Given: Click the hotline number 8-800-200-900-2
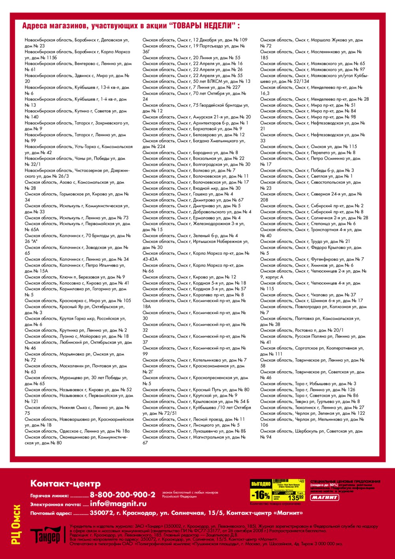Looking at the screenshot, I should tap(122, 495).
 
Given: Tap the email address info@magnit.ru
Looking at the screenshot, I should tap(118, 504).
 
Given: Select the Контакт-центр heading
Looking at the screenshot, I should tap(65, 484).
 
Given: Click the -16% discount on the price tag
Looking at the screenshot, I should tap(261, 495).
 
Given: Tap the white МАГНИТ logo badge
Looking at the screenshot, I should tap(324, 497).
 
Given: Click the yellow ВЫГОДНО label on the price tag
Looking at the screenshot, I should tap(261, 484).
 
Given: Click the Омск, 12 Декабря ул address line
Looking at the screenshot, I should tap(195, 40).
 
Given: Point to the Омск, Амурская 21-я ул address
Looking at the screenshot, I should tap(196, 117).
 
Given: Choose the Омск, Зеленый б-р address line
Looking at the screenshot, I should tap(190, 235).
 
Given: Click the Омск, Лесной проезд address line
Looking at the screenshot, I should tap(194, 419).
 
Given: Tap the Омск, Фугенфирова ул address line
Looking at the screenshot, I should tap(312, 259).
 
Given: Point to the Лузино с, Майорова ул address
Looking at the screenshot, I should tap(77, 336).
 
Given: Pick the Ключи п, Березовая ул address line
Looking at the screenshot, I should tap(75, 277).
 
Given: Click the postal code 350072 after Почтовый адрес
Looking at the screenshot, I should tap(102, 513).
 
